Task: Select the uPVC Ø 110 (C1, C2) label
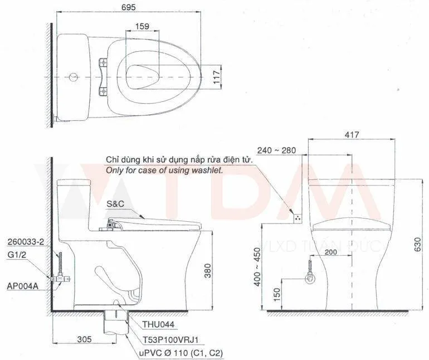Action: coord(175,353)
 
